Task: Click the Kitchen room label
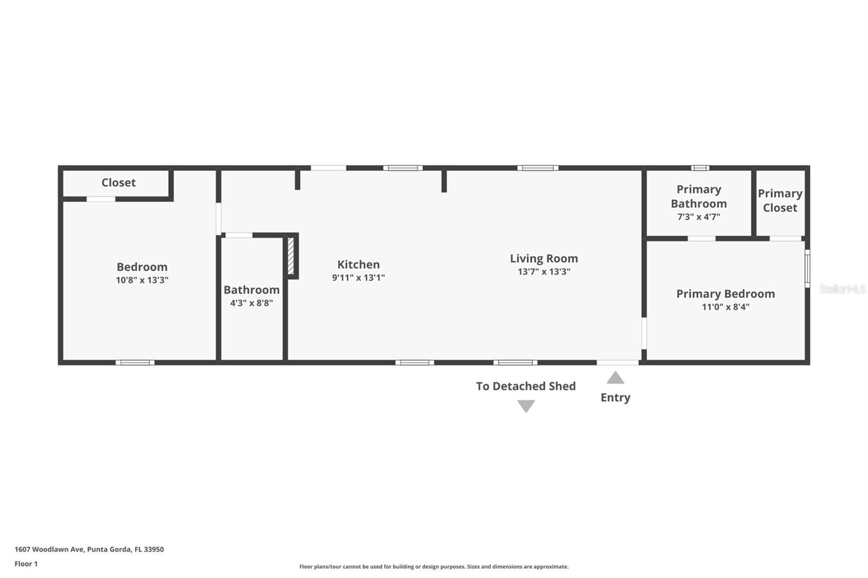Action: point(358,265)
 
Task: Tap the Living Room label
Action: point(544,259)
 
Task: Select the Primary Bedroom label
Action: point(725,294)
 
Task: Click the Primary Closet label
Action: point(780,201)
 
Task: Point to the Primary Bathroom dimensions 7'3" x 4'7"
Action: point(698,217)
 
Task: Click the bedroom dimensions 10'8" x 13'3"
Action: point(142,280)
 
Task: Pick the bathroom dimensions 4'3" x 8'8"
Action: point(251,303)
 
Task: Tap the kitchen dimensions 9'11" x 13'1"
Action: point(358,278)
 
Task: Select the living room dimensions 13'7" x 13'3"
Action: point(544,272)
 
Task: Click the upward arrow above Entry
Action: point(615,378)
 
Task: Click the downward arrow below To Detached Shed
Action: point(526,406)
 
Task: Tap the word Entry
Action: point(615,397)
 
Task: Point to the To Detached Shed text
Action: point(526,386)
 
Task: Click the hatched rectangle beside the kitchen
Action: point(291,256)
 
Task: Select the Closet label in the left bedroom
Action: point(118,183)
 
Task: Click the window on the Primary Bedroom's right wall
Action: point(807,268)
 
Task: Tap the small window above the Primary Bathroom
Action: point(700,168)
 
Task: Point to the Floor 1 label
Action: point(26,564)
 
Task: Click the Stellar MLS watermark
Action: point(842,289)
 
